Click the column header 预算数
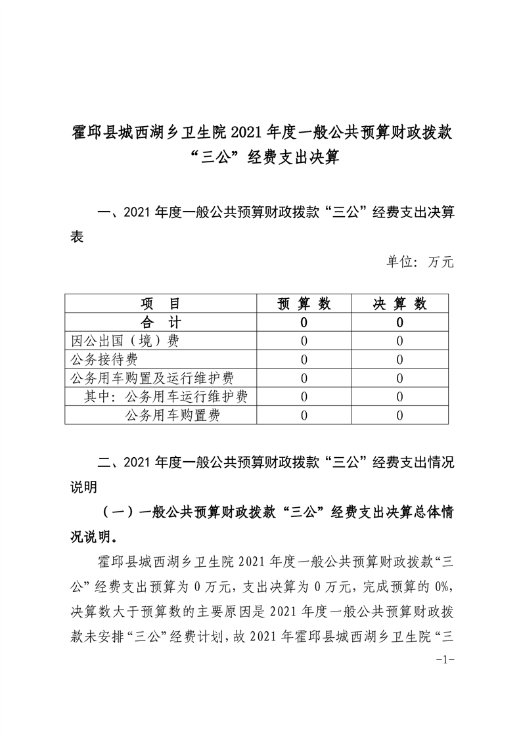[x=304, y=303]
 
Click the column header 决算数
[x=400, y=303]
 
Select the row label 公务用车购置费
[x=171, y=415]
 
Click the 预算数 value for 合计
[x=304, y=323]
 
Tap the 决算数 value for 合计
[x=400, y=323]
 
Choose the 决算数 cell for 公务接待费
[x=400, y=359]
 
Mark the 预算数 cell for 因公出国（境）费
[x=304, y=341]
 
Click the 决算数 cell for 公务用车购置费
[x=400, y=415]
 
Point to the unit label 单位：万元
[x=420, y=262]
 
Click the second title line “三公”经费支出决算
[x=261, y=160]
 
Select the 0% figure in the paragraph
[x=439, y=587]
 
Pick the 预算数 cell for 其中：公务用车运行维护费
[x=304, y=397]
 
